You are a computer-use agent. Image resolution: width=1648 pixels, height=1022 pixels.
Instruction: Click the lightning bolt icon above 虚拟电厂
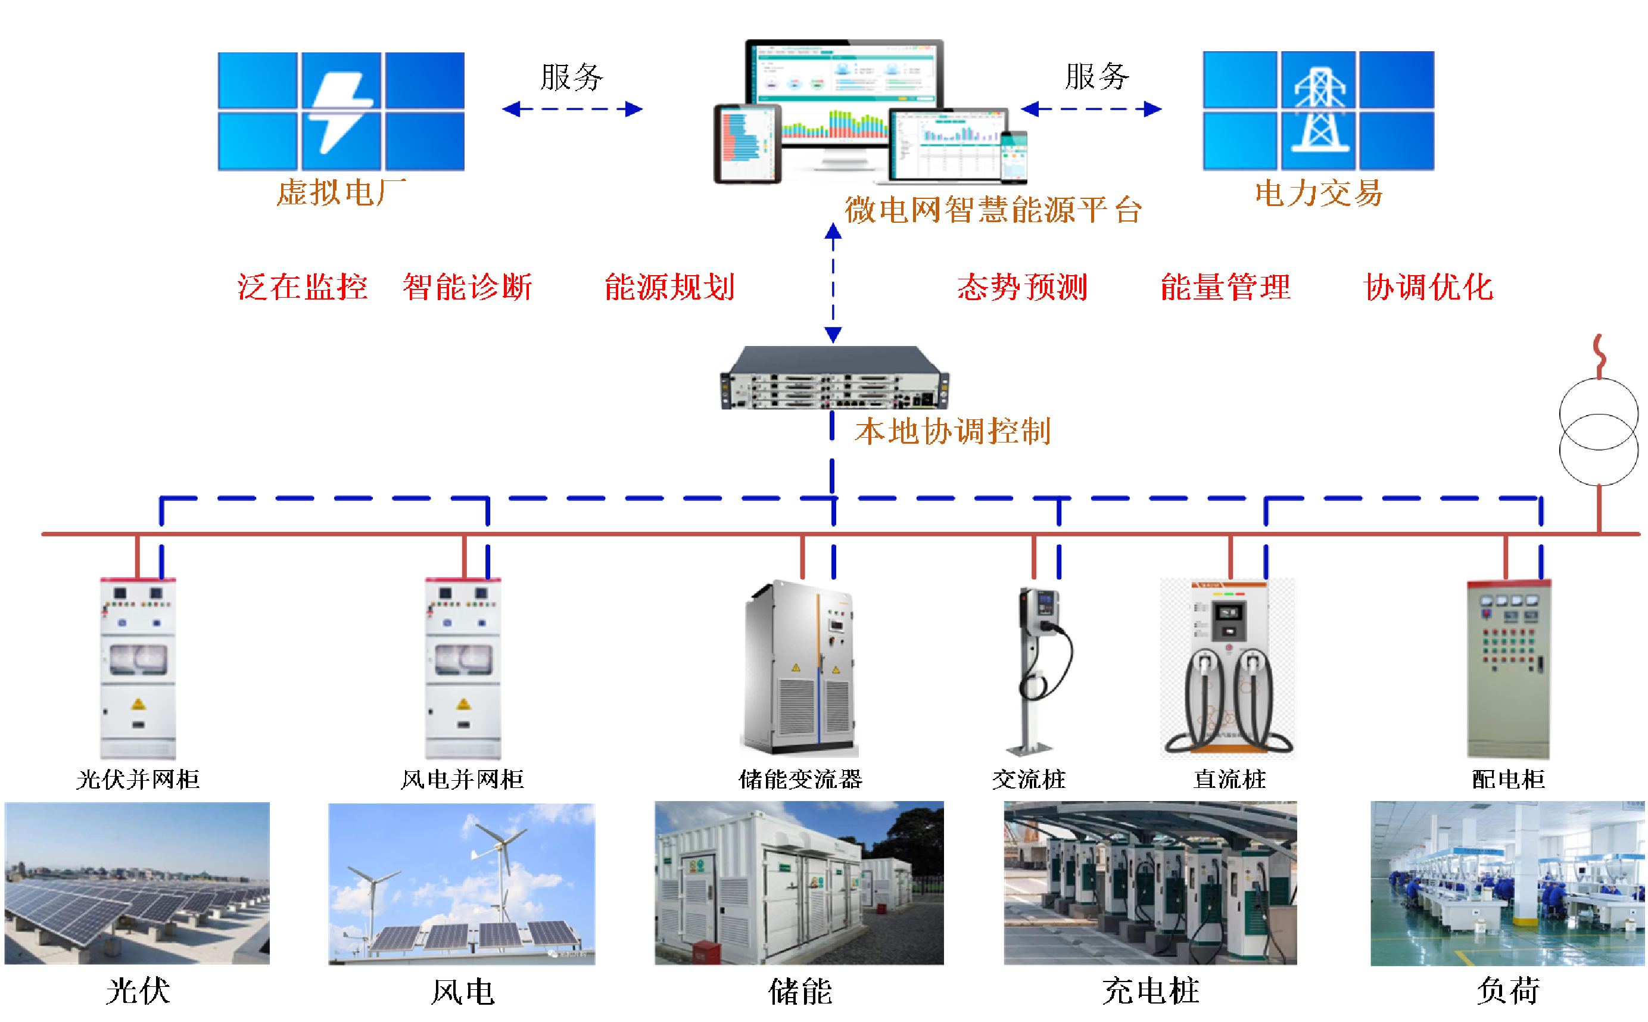[x=340, y=111]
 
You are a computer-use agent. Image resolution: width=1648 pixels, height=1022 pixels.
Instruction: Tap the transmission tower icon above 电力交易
[x=1319, y=110]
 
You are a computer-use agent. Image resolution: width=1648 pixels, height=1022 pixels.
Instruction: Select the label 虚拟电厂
[x=341, y=192]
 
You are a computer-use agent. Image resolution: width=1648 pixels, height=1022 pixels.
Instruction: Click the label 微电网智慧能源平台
[x=993, y=210]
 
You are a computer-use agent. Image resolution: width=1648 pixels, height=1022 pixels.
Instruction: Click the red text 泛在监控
[x=302, y=287]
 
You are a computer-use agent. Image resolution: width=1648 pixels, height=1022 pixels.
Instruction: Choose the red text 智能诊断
[x=468, y=287]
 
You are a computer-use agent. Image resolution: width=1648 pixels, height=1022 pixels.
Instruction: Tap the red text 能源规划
[x=669, y=287]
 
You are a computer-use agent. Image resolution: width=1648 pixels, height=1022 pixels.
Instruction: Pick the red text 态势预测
[x=1022, y=287]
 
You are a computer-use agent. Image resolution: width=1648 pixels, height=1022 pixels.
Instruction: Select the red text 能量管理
[x=1226, y=287]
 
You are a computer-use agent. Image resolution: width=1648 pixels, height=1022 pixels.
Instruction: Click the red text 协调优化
[x=1429, y=287]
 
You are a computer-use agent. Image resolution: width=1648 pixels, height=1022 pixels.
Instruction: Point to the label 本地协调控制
[x=952, y=431]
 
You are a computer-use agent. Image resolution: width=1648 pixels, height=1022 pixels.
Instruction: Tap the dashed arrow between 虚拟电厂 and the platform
[x=572, y=109]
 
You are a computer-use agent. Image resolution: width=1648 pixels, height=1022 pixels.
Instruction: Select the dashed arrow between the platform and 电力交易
[x=1091, y=109]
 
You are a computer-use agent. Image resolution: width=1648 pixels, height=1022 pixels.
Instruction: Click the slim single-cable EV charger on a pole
[x=1043, y=671]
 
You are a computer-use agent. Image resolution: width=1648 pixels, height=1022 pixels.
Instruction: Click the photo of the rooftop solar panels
[x=136, y=883]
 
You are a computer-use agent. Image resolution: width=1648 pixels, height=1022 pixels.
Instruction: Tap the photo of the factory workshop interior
[x=1507, y=883]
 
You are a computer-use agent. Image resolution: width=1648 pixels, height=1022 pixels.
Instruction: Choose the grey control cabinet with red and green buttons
[x=1507, y=670]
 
